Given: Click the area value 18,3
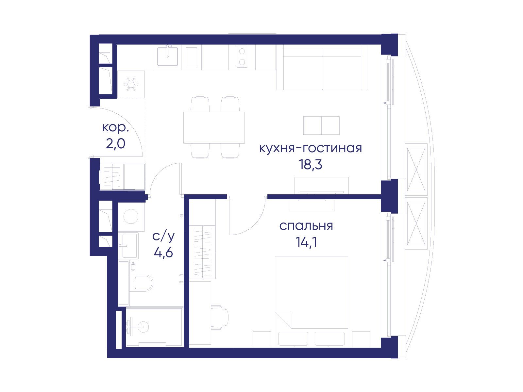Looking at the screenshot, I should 310,165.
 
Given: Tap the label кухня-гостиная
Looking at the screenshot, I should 310,148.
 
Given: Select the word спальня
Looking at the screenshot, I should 306,226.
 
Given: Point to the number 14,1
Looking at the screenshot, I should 306,242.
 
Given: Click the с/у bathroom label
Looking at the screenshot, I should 163,236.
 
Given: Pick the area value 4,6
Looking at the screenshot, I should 163,253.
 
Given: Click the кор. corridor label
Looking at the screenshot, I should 116,127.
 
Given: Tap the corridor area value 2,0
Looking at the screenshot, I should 116,144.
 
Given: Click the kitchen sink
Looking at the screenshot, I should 168,57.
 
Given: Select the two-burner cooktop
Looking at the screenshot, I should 242,57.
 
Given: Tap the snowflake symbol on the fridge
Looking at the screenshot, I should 131,84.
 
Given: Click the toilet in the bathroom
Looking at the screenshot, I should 143,283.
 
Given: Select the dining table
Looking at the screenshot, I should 214,127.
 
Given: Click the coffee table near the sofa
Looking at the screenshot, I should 321,125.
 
